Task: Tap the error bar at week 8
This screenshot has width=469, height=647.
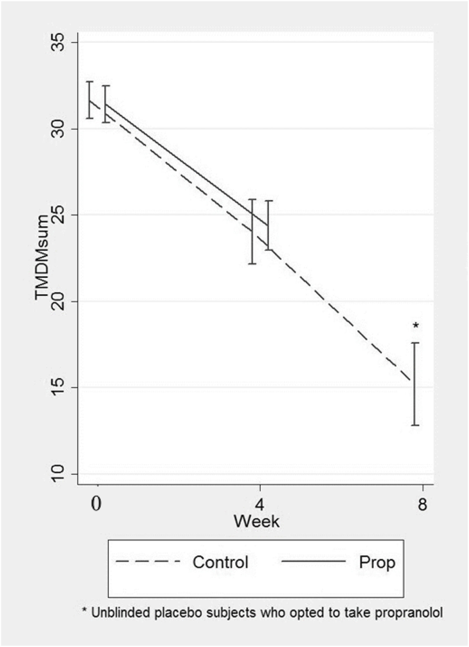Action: coord(415,384)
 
